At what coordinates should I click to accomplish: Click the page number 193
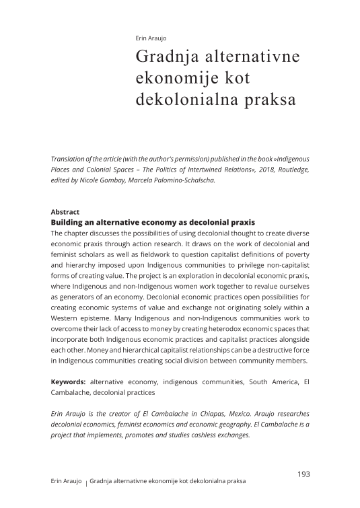303,474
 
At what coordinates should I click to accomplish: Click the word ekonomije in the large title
172,78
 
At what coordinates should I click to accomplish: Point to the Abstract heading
65,211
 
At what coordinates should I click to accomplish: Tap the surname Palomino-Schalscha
186,180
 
